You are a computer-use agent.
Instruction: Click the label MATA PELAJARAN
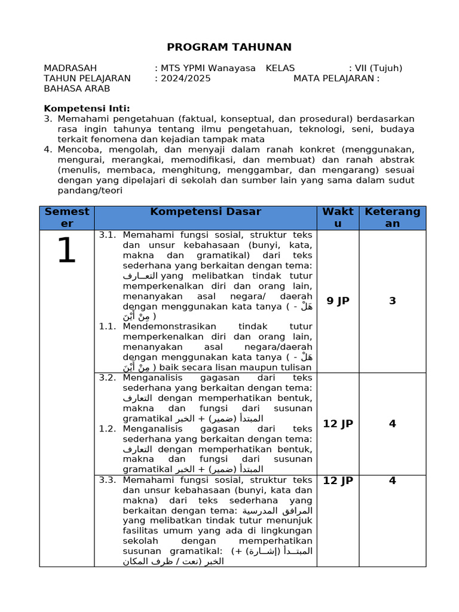pyautogui.click(x=336, y=78)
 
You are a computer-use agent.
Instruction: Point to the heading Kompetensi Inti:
pyautogui.click(x=87, y=108)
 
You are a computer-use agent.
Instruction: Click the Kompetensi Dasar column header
pyautogui.click(x=206, y=212)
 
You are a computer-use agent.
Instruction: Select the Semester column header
pyautogui.click(x=67, y=218)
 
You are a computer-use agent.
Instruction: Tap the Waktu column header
pyautogui.click(x=338, y=218)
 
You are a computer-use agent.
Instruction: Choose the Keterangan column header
pyautogui.click(x=392, y=218)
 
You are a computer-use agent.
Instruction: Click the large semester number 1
pyautogui.click(x=66, y=251)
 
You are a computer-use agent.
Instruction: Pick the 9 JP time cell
pyautogui.click(x=338, y=301)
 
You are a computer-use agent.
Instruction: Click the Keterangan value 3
pyautogui.click(x=392, y=301)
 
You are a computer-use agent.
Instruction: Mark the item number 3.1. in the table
pyautogui.click(x=108, y=235)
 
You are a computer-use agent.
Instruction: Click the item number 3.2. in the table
pyautogui.click(x=108, y=378)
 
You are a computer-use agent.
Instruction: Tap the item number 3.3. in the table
pyautogui.click(x=108, y=480)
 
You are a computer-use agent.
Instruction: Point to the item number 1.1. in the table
pyautogui.click(x=108, y=326)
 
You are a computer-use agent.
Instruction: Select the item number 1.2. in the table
pyautogui.click(x=108, y=429)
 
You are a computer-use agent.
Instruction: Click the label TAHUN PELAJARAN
pyautogui.click(x=87, y=78)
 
